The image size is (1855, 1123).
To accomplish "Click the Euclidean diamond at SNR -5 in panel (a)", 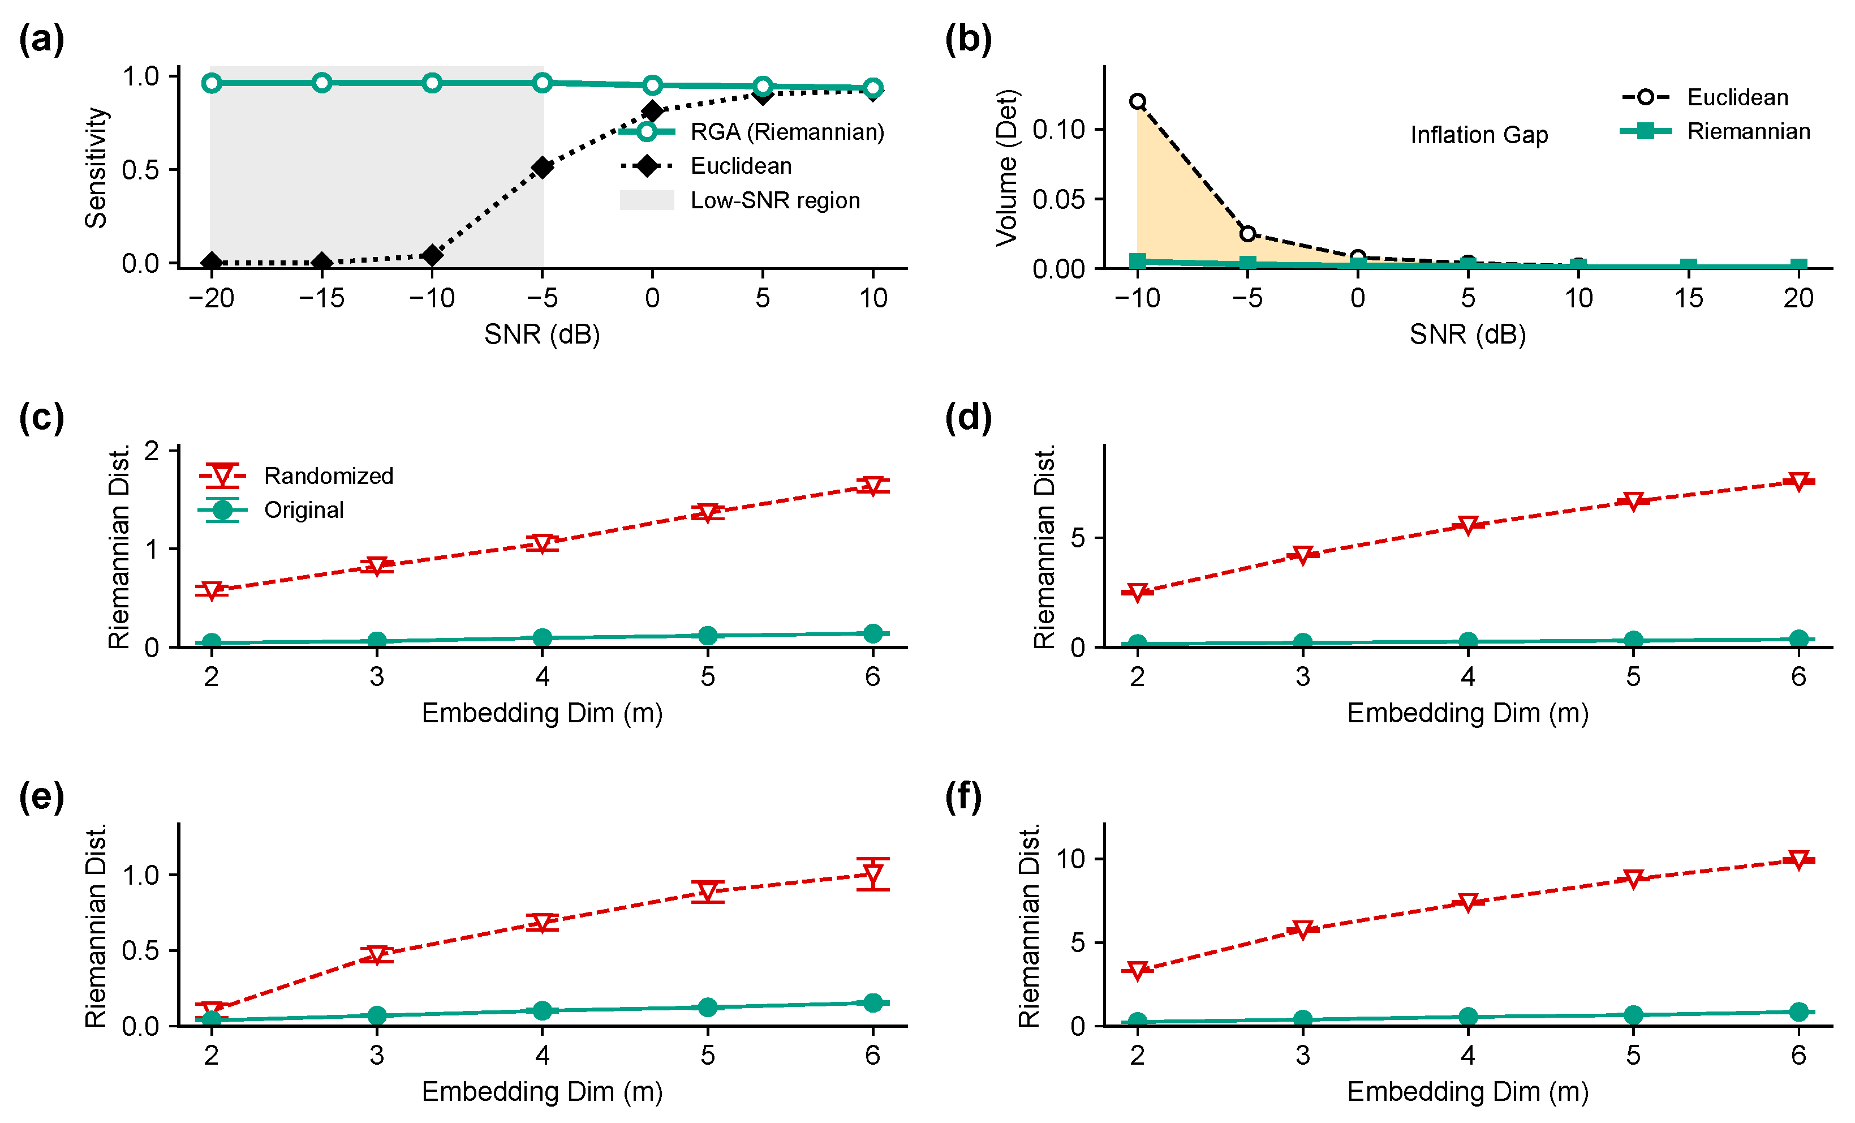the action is (542, 167).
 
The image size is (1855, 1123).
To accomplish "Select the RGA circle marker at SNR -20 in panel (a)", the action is (212, 83).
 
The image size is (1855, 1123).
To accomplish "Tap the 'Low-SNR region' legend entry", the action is (740, 200).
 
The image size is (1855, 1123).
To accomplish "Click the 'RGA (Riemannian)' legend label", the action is (787, 132).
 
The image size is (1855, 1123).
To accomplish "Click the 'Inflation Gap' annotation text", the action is (1479, 135).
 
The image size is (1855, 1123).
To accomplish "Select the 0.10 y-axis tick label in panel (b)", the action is (1058, 130).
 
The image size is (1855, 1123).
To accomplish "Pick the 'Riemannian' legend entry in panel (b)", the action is (1715, 132).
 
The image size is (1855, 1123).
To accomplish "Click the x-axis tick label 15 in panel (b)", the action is (1689, 298).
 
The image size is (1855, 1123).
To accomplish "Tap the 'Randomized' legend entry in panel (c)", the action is (296, 476).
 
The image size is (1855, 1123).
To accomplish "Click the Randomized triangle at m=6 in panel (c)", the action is (872, 486).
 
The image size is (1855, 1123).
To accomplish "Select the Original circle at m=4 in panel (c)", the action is (542, 638).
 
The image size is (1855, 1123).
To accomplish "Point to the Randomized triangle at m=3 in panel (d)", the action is (1302, 556).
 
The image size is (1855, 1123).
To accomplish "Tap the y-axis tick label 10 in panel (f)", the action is (1070, 859).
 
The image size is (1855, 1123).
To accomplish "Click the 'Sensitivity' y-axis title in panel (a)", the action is (96, 168).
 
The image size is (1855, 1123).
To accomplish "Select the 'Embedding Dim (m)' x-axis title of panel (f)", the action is (1467, 1091).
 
